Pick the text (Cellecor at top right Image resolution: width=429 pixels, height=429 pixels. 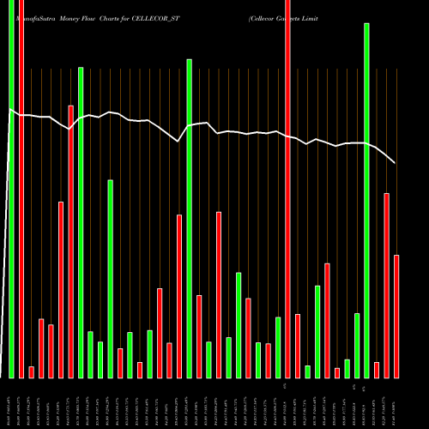click(x=266, y=17)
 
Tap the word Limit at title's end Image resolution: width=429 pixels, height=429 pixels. click(x=320, y=17)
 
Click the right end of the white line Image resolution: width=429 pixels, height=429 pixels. click(x=395, y=163)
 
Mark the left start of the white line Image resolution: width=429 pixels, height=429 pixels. click(x=10, y=111)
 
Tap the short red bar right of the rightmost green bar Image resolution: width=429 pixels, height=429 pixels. click(x=377, y=370)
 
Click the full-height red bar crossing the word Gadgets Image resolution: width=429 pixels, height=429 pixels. click(x=288, y=189)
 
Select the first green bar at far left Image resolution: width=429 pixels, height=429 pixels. click(x=12, y=189)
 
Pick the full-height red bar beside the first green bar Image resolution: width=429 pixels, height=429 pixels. click(x=21, y=189)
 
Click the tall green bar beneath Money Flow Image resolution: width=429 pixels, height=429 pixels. click(x=81, y=222)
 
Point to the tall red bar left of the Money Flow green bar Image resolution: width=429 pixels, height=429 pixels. click(x=70, y=241)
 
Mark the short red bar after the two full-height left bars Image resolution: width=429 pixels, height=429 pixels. click(x=32, y=372)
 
